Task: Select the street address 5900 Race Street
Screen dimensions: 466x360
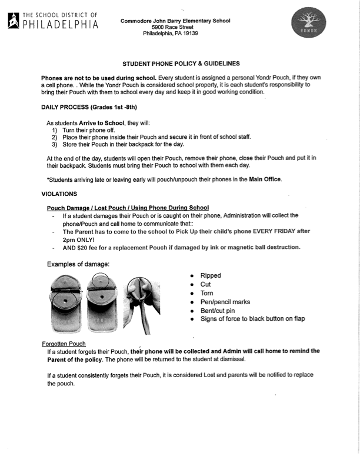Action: click(x=175, y=27)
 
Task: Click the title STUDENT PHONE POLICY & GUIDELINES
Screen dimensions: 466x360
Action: click(x=181, y=63)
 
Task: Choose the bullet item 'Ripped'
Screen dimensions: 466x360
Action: click(x=211, y=275)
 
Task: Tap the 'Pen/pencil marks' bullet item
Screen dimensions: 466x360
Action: click(x=225, y=302)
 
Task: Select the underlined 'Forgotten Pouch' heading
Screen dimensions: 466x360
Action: click(x=64, y=344)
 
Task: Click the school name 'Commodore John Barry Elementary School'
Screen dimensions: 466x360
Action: click(x=175, y=21)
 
